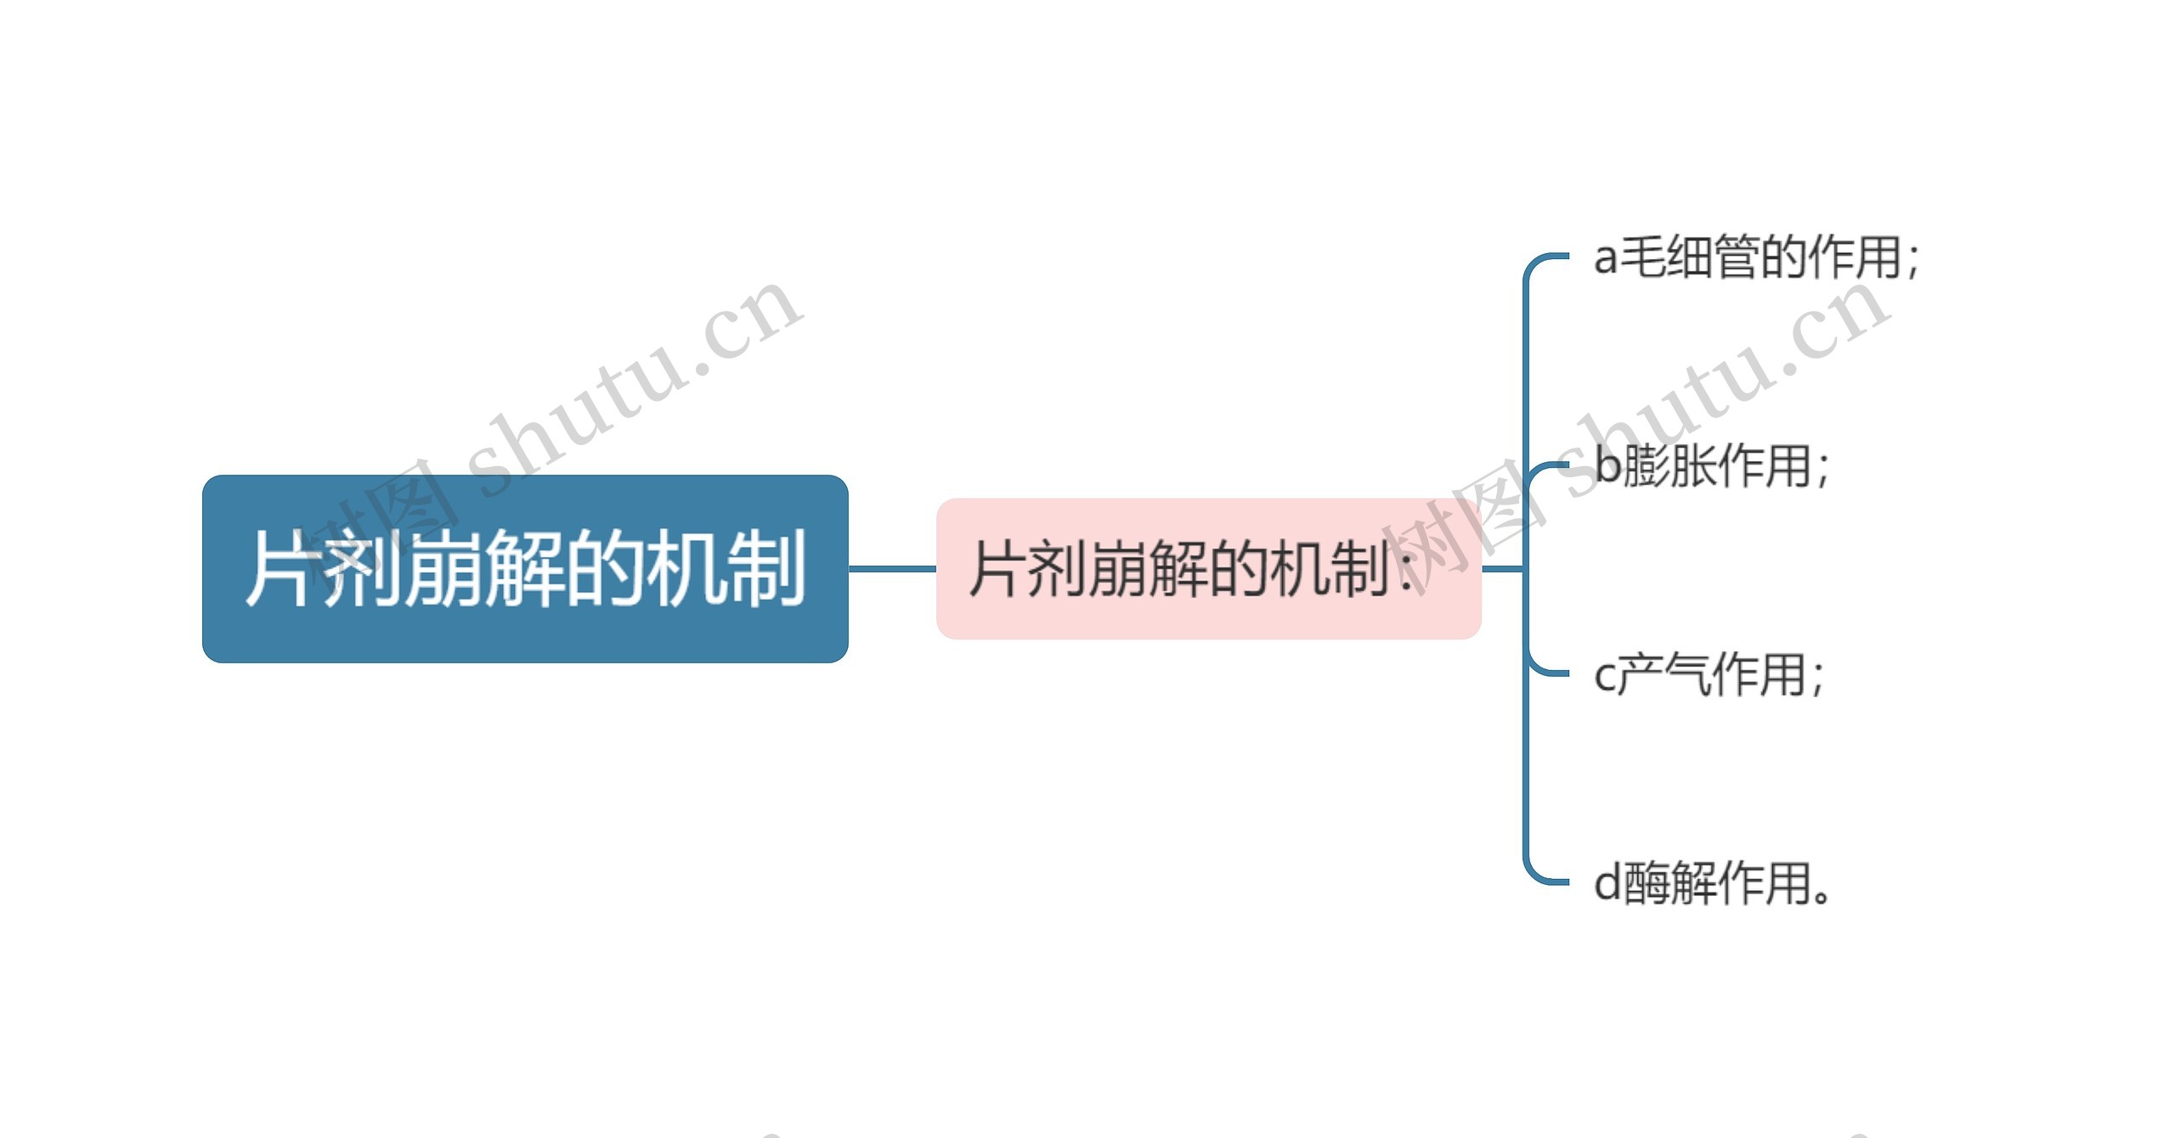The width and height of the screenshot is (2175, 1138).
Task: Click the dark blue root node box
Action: [525, 569]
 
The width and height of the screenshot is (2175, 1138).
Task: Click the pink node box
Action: [1208, 569]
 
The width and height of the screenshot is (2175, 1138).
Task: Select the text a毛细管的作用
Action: [1755, 256]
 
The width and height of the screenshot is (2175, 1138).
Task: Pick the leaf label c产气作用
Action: [1708, 674]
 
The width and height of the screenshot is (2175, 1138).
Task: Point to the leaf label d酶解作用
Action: [1711, 883]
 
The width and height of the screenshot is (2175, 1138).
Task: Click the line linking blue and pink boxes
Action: [892, 568]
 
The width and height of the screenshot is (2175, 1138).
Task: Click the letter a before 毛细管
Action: [1605, 258]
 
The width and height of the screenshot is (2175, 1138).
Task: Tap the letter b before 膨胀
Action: [1608, 465]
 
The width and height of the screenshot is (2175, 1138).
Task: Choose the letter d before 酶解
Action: [1607, 883]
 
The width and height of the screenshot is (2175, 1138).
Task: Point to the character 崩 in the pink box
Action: [1115, 569]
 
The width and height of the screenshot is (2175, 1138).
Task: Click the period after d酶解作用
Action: [1821, 896]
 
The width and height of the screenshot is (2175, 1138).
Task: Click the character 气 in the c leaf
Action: [1686, 674]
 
